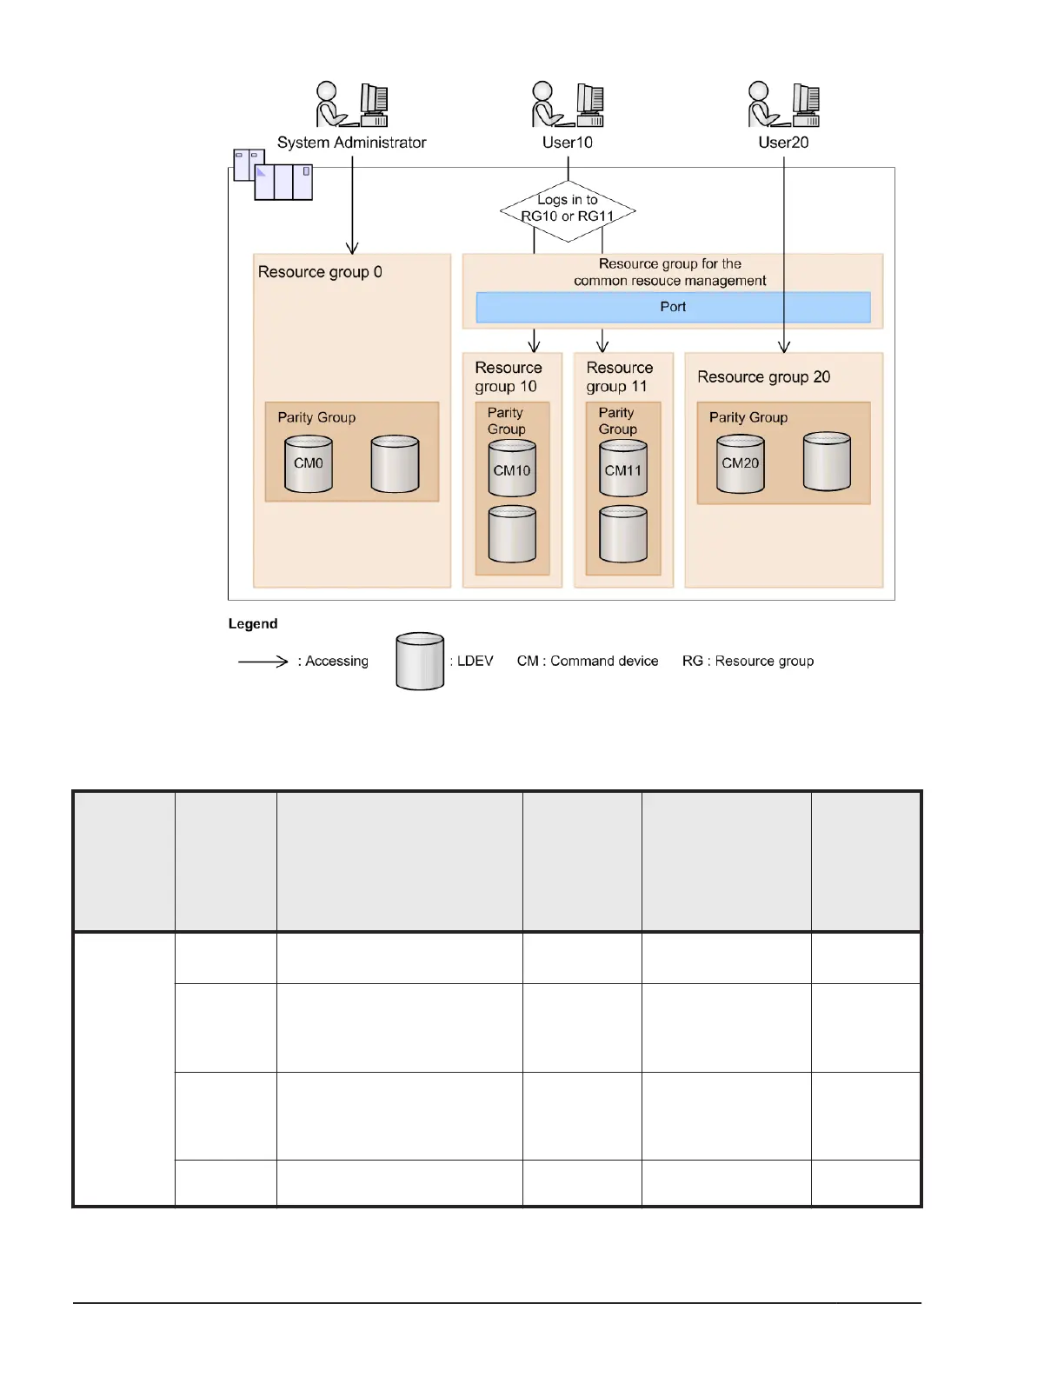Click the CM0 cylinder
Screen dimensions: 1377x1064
click(x=309, y=464)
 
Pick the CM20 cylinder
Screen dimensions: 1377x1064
click(x=741, y=463)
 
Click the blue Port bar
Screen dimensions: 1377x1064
click(x=673, y=307)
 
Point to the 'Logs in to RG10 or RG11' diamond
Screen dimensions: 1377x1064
click(x=568, y=209)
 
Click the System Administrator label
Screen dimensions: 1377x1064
click(x=351, y=143)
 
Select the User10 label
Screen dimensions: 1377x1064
click(x=568, y=143)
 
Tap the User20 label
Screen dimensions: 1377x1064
click(x=783, y=143)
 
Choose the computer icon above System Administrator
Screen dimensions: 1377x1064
click(x=375, y=104)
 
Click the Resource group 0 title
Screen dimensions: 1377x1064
click(x=320, y=272)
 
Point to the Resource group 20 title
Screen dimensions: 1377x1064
click(x=763, y=377)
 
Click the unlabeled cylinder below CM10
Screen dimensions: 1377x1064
click(x=512, y=534)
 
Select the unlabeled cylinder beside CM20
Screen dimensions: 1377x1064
click(x=827, y=462)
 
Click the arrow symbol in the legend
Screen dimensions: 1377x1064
click(x=263, y=662)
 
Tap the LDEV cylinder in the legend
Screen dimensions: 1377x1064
click(x=420, y=662)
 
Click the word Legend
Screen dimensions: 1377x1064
click(x=253, y=624)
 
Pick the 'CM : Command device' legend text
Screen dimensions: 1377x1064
click(x=588, y=662)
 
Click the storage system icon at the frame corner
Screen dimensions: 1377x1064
click(x=273, y=175)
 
